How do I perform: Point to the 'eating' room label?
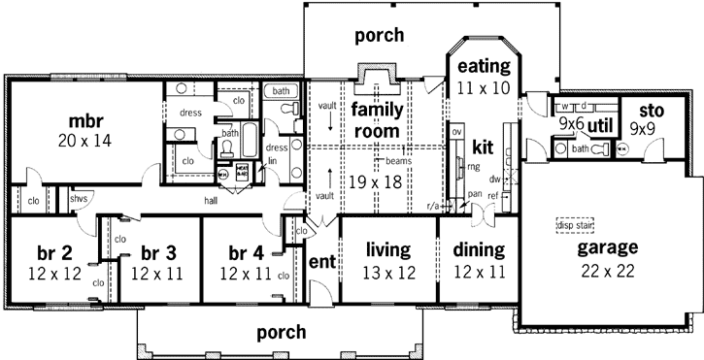pyautogui.click(x=484, y=66)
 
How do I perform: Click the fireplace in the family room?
pyautogui.click(x=374, y=77)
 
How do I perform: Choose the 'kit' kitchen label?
pyautogui.click(x=484, y=147)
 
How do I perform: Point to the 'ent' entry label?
pyautogui.click(x=321, y=262)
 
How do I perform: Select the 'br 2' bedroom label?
pyautogui.click(x=45, y=252)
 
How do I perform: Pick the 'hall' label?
pyautogui.click(x=211, y=201)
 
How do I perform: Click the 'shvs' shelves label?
pyautogui.click(x=79, y=199)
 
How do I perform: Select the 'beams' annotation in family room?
pyautogui.click(x=397, y=161)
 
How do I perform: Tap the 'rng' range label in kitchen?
pyautogui.click(x=475, y=166)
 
